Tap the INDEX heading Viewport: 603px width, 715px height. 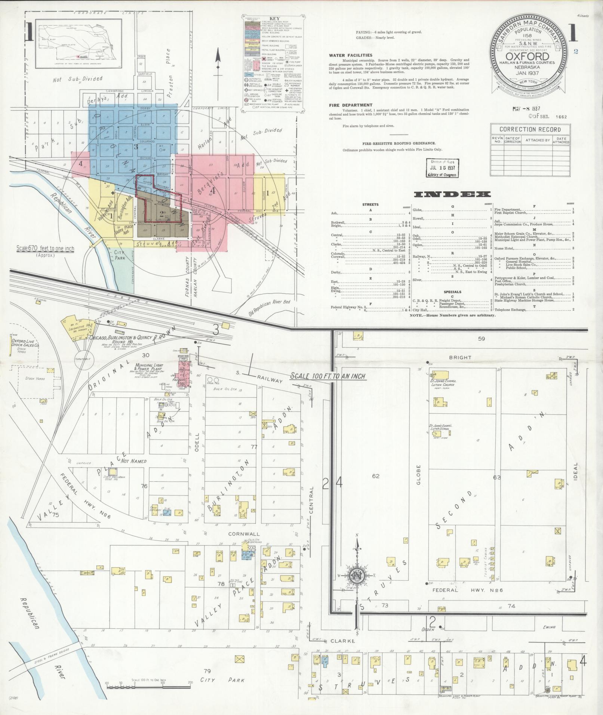pyautogui.click(x=452, y=194)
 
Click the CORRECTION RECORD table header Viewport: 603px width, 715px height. pyautogui.click(x=530, y=129)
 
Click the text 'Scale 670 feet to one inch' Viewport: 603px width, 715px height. pyautogui.click(x=45, y=249)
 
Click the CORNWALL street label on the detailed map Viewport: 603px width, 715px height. pyautogui.click(x=239, y=534)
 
